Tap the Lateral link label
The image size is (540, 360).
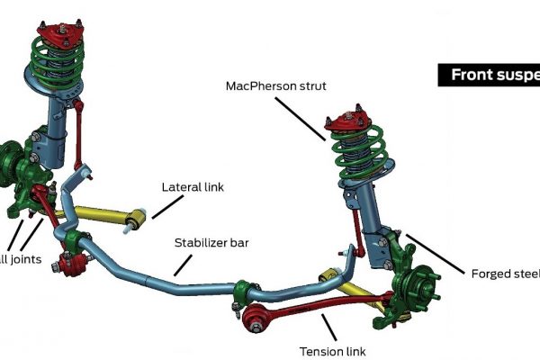click(192, 187)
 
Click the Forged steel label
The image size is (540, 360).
click(504, 274)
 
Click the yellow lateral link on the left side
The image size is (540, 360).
click(103, 215)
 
